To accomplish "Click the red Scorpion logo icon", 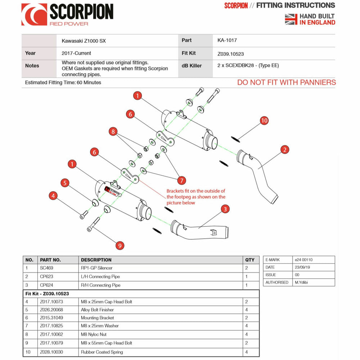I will point(34,14).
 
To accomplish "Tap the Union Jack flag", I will point(291,19).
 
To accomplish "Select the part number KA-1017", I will point(227,40).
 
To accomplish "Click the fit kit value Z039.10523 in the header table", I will point(231,54).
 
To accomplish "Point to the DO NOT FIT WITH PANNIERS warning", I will point(286,82).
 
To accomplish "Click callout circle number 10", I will point(264,121).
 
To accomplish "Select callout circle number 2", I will point(284,150).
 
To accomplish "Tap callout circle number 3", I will point(225,209).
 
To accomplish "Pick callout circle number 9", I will point(120,246).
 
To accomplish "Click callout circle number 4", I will point(53,196).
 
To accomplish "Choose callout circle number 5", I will point(64,183).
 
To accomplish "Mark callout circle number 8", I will point(114,132).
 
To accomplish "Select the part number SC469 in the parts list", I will point(46,268).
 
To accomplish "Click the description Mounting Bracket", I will point(97,318).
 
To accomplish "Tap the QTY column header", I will point(249,260).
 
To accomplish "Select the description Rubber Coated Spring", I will point(102,352).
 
